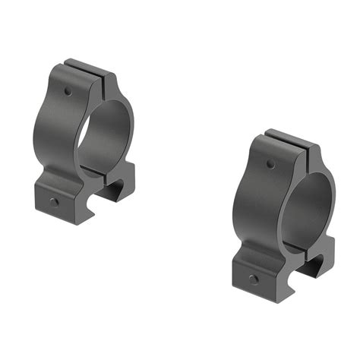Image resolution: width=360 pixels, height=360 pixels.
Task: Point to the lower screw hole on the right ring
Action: coord(253,279)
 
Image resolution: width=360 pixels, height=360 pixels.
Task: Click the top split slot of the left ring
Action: coord(94,73)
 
